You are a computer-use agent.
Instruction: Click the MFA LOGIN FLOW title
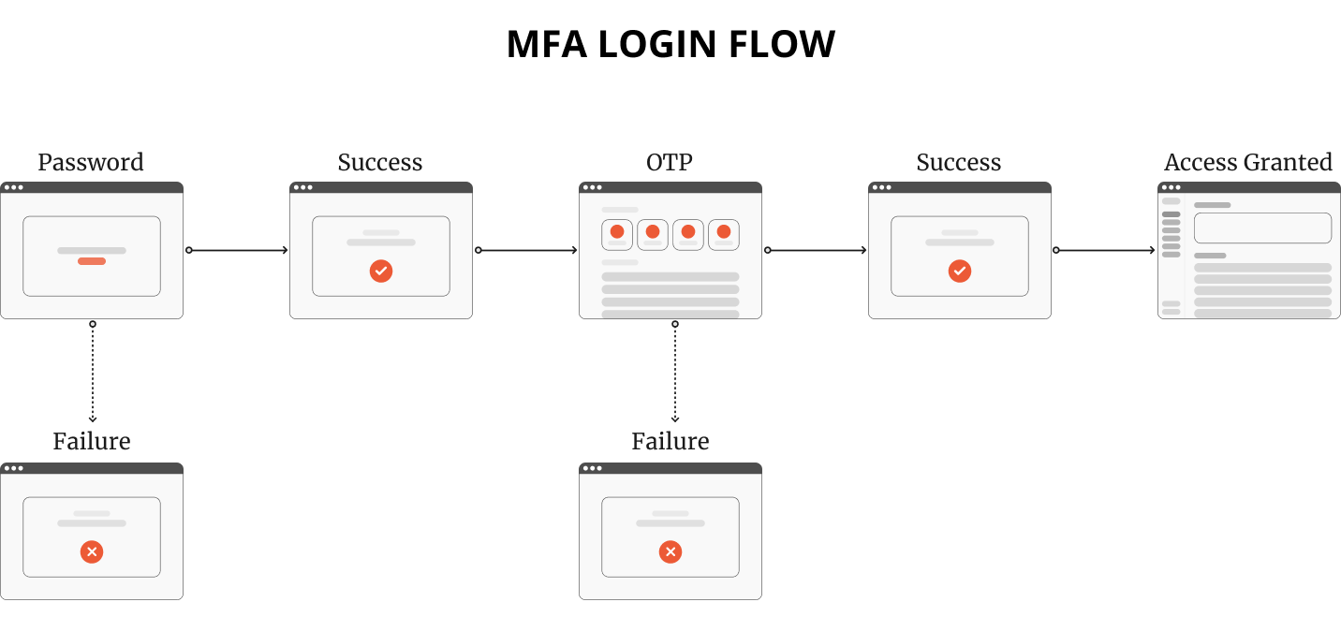click(x=670, y=44)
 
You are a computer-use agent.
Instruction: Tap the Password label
click(x=91, y=162)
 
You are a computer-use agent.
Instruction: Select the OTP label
click(x=670, y=162)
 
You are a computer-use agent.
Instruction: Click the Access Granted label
click(x=1247, y=162)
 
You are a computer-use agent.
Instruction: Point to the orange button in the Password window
click(x=92, y=261)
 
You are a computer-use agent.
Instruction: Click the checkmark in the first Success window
click(x=381, y=272)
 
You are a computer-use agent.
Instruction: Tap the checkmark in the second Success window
click(x=960, y=272)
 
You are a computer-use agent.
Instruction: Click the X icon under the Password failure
click(x=92, y=552)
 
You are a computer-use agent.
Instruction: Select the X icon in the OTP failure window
click(x=670, y=552)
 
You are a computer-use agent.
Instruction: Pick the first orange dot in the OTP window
click(x=617, y=231)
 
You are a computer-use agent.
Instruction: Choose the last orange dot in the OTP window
click(x=724, y=231)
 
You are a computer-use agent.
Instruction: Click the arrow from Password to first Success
click(x=238, y=250)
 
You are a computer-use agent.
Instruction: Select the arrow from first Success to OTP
click(x=527, y=250)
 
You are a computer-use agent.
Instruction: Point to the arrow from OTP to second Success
click(x=817, y=250)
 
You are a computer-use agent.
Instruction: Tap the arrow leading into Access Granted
click(x=1106, y=250)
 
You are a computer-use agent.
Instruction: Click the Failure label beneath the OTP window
click(x=670, y=441)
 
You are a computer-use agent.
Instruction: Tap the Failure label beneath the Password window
click(x=91, y=441)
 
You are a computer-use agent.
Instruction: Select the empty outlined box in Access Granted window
click(x=1262, y=228)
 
